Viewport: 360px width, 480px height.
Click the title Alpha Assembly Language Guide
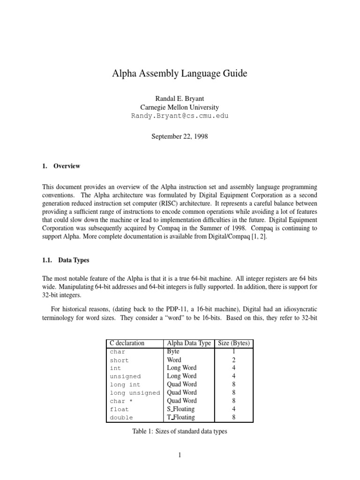180,74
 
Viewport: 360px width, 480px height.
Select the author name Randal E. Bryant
180,98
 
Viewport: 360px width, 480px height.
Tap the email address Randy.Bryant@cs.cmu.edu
180,115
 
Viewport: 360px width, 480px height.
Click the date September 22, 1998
180,137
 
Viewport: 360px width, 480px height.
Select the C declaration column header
127,343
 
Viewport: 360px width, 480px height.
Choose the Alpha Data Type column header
189,343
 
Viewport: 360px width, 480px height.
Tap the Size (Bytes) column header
234,343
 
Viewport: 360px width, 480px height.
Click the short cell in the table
119,360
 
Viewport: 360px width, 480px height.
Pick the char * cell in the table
120,401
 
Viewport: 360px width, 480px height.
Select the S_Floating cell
181,409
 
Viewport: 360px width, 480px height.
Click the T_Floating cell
181,417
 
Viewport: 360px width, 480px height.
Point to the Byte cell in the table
174,352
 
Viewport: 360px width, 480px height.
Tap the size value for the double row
234,417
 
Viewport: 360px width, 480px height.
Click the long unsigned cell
135,393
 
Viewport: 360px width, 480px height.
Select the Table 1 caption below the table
180,431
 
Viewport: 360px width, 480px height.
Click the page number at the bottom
180,455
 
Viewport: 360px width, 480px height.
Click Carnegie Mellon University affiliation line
180,107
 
